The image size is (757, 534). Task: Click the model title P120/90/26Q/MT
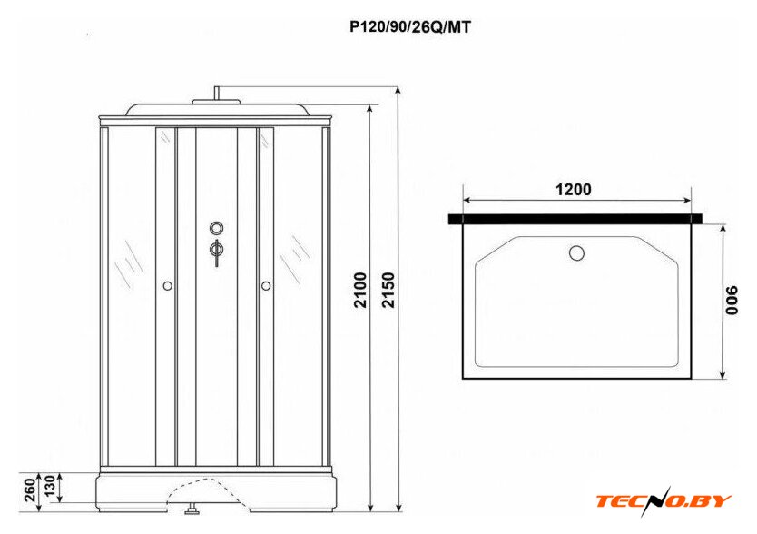click(x=410, y=27)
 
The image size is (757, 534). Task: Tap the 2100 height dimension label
click(x=360, y=291)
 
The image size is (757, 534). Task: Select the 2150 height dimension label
click(x=388, y=291)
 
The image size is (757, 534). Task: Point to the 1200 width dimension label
click(x=573, y=190)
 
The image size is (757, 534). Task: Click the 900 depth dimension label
click(x=732, y=300)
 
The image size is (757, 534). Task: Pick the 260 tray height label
click(x=30, y=489)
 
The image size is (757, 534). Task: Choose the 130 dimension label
click(x=50, y=487)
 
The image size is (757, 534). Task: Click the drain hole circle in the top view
click(x=576, y=252)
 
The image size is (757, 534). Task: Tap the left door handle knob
click(x=168, y=286)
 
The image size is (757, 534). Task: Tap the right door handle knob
click(x=266, y=286)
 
